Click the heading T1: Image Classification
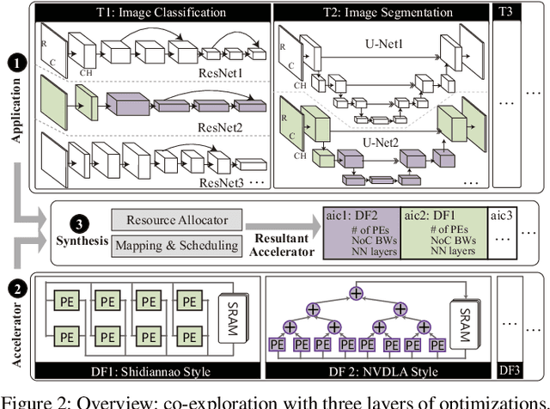(151, 12)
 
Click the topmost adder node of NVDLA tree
(354, 293)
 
